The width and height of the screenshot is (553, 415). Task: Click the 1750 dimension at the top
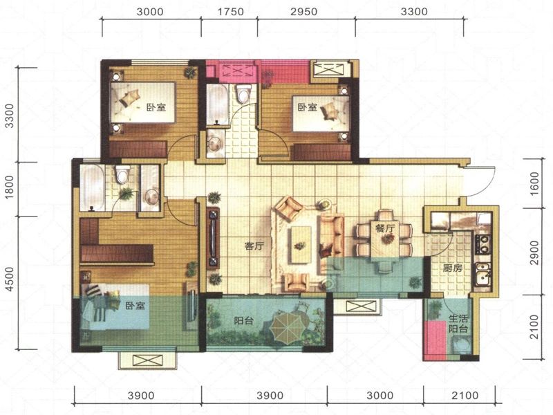(x=230, y=12)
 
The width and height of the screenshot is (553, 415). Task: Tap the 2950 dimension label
(x=304, y=12)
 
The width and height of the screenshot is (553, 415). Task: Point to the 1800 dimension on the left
(x=10, y=187)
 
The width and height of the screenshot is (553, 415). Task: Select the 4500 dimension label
(x=10, y=279)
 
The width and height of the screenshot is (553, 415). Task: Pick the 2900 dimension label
(x=534, y=252)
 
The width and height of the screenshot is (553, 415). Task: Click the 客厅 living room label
(x=254, y=246)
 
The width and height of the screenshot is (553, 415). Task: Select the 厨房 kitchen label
(x=453, y=268)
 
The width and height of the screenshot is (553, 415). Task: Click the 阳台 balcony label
(x=244, y=321)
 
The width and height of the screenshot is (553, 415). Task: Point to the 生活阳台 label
(x=458, y=324)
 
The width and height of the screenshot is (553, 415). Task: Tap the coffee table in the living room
(x=301, y=245)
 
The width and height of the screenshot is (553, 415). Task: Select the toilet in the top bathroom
(x=243, y=93)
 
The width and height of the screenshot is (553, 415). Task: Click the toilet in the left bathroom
(x=122, y=175)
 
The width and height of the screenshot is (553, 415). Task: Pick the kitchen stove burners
(x=482, y=244)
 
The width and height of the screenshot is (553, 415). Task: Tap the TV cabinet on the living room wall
(x=213, y=239)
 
